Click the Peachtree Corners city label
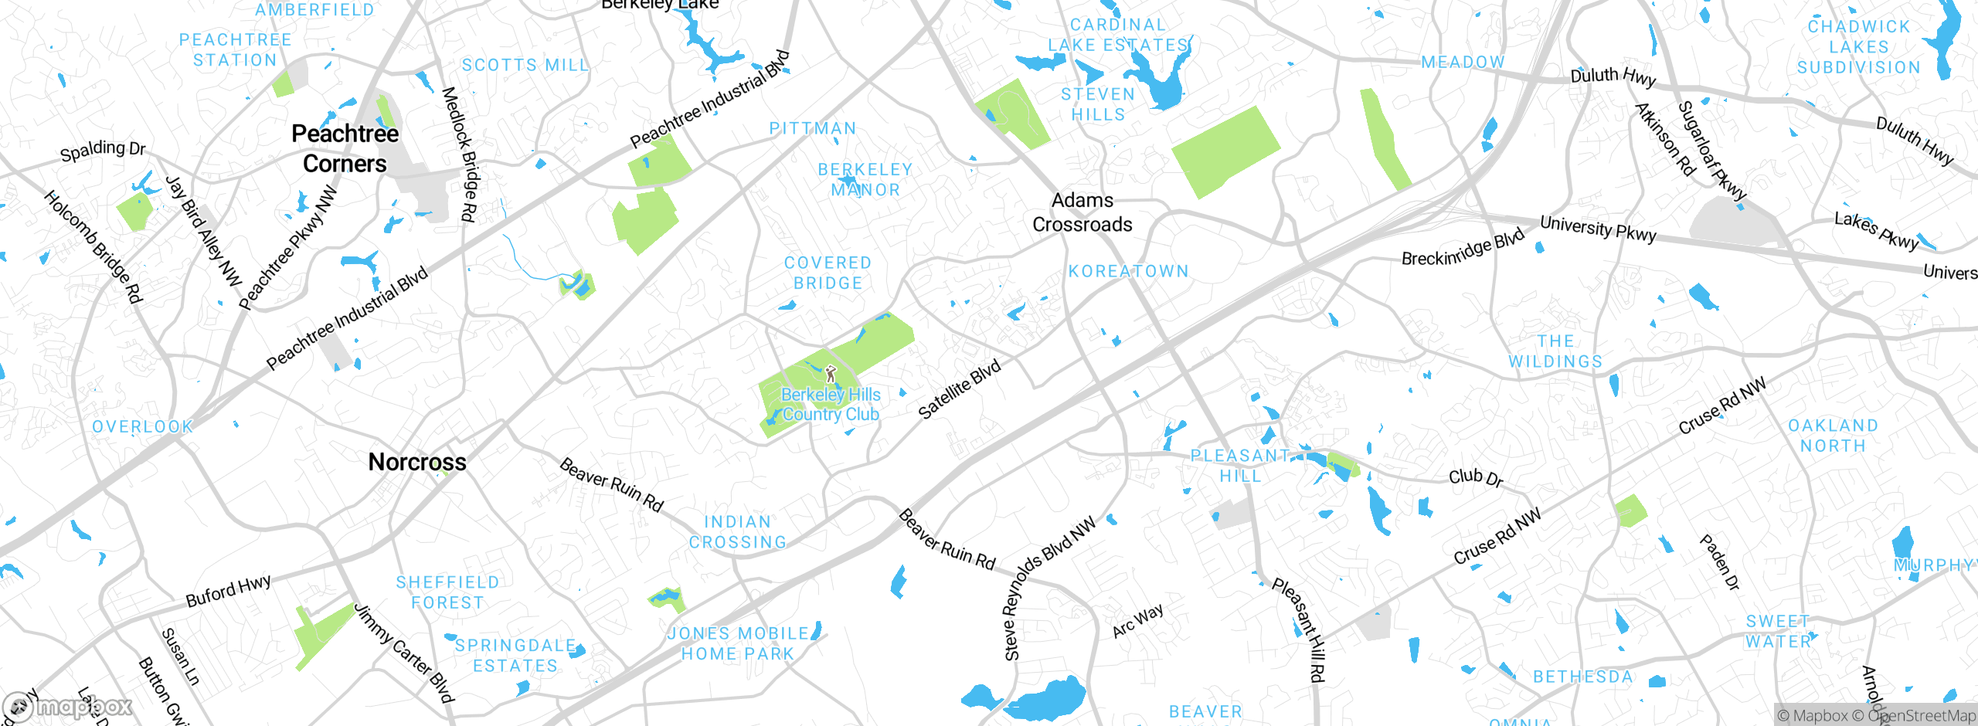coord(345,148)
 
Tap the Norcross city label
coord(417,462)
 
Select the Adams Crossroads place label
coord(1082,212)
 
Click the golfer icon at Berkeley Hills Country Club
coord(831,375)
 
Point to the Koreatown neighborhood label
coord(1128,271)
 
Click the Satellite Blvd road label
coord(959,389)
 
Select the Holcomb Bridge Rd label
coord(93,247)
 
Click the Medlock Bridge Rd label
coord(459,154)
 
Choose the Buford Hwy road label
coord(228,591)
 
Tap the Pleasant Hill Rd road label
coord(1299,629)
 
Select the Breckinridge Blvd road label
coord(1463,248)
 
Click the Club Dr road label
coord(1476,477)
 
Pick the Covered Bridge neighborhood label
coord(828,273)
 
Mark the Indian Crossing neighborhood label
coord(738,532)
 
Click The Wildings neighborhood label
coord(1555,351)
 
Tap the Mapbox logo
coord(68,707)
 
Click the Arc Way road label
coord(1137,621)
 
